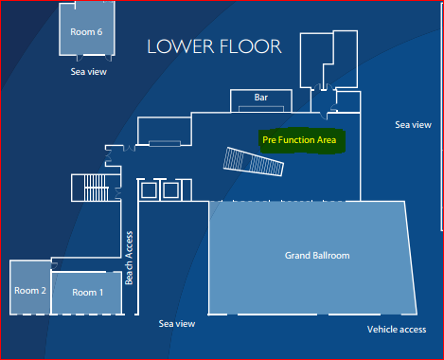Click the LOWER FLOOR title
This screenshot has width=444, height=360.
pos(214,46)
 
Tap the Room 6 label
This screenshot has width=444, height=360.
pos(86,32)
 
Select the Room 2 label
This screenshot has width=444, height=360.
pos(30,291)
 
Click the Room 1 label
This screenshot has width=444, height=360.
pos(88,293)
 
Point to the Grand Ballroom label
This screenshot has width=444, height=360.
pos(317,256)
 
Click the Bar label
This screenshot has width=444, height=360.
pos(261,98)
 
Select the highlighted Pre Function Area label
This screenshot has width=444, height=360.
pos(299,140)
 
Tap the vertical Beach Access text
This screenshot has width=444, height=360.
pos(129,258)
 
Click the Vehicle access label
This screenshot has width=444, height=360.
pos(397,330)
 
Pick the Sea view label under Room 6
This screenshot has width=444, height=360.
pos(89,72)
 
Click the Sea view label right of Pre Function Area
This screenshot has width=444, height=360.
pos(413,125)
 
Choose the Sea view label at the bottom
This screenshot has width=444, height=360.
pos(177,324)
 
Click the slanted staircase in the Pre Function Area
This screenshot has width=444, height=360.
pos(254,161)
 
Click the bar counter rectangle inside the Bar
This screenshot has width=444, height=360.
pos(261,109)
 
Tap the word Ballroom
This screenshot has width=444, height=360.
pos(330,256)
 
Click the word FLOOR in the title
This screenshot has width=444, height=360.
pos(251,46)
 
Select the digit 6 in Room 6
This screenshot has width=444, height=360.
pos(99,32)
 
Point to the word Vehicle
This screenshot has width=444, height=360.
pos(379,330)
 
